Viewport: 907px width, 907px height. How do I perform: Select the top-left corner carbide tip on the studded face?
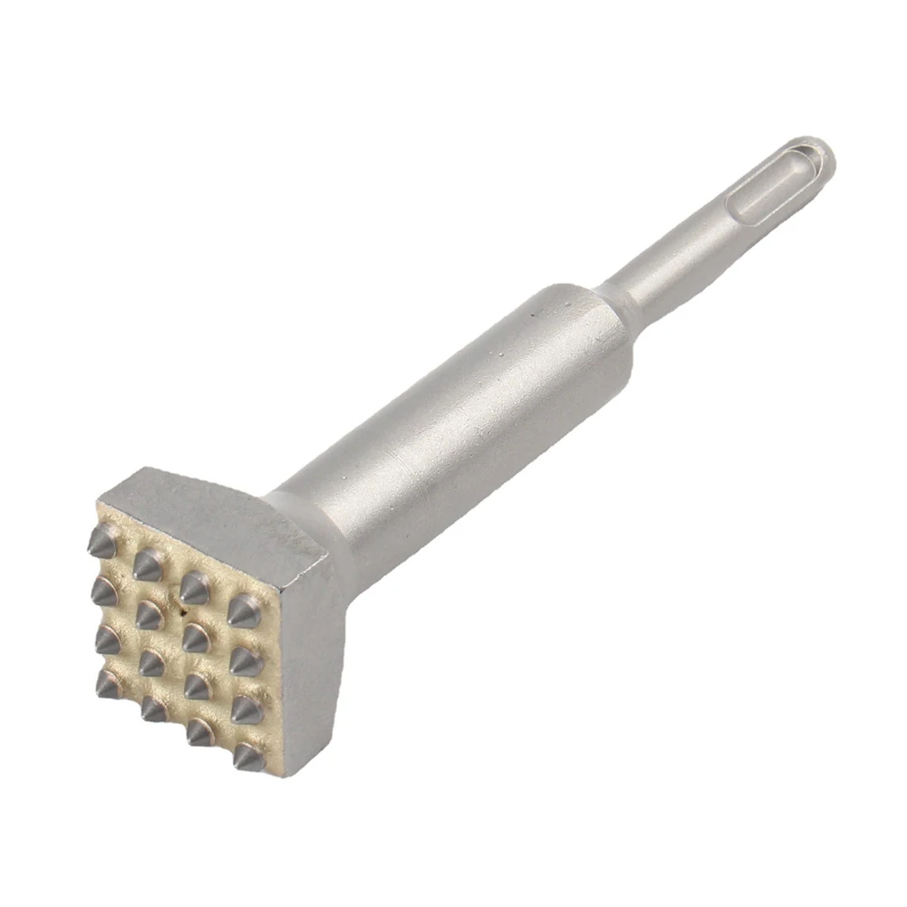click(101, 543)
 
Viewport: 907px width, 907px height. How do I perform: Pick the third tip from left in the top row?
click(194, 589)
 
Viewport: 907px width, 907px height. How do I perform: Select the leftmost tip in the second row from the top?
click(103, 591)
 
